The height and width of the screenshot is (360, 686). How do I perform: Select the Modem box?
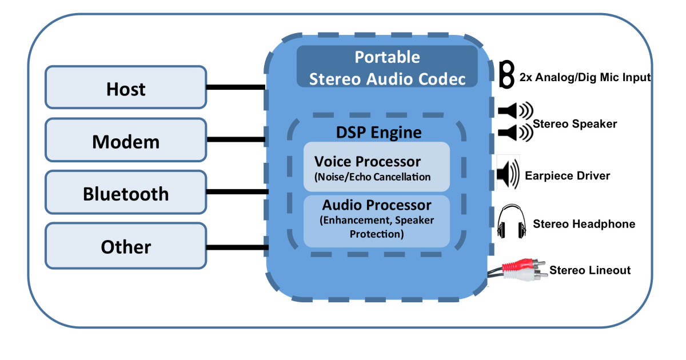pos(126,141)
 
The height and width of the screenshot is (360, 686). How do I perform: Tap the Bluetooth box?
pos(126,193)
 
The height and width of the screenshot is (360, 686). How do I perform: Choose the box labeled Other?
pos(126,246)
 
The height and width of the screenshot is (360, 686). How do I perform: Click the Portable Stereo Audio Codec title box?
pos(387,67)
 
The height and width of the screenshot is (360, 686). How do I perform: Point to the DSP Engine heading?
pos(378,133)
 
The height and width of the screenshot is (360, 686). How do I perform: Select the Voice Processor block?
pos(376,166)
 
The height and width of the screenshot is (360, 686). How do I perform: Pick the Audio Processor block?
pos(376,220)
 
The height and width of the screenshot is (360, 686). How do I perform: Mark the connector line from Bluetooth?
pos(237,191)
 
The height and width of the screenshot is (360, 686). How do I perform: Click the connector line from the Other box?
pos(237,247)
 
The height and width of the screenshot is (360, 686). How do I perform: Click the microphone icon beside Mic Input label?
pos(506,74)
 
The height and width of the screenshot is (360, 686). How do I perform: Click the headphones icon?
pos(510,223)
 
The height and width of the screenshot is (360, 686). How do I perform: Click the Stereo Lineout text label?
pos(590,270)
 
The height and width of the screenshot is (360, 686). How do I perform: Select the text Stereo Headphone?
pos(584,224)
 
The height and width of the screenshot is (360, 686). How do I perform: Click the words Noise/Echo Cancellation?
pos(372,177)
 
